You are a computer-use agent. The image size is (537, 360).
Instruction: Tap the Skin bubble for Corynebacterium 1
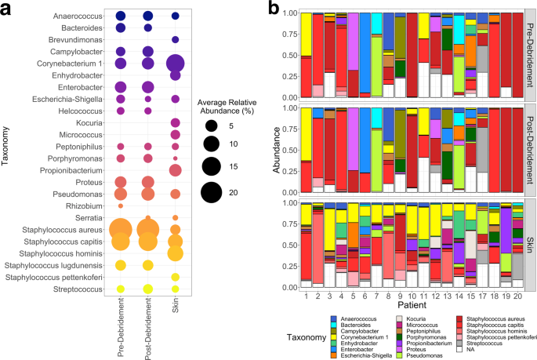(175, 64)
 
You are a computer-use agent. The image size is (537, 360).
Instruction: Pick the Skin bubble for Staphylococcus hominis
(175, 253)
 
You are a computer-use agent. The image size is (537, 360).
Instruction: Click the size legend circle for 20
(210, 191)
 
